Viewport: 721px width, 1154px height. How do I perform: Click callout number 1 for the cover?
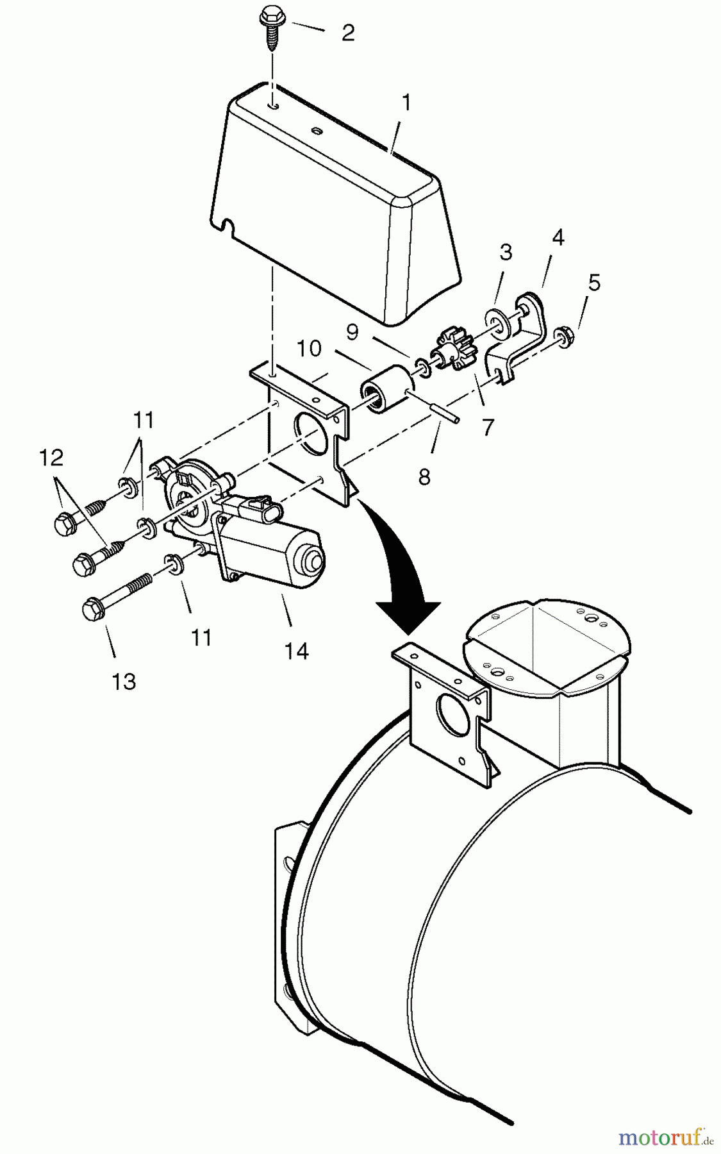(406, 103)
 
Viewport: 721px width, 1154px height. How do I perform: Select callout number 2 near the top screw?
(347, 33)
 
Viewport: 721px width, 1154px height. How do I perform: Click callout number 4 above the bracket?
(558, 238)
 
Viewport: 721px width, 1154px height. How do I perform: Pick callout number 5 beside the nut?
(594, 283)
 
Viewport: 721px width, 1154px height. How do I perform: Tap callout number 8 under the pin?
(424, 476)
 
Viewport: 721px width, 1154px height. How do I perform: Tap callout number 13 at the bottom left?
(124, 682)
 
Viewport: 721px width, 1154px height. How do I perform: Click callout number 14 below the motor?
(296, 651)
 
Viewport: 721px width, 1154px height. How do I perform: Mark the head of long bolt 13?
(94, 608)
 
